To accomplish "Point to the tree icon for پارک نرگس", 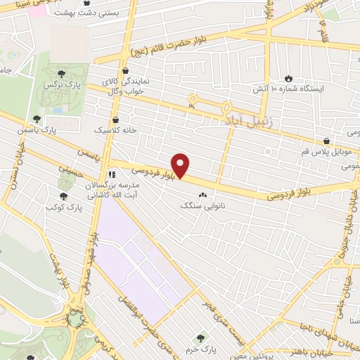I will click(63, 72).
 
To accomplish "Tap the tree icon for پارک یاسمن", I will click(37, 119).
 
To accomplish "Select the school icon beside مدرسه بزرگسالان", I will click(110, 175).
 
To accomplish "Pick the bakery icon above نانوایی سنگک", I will click(204, 195).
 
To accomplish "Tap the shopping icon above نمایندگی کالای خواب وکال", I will click(125, 70).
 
